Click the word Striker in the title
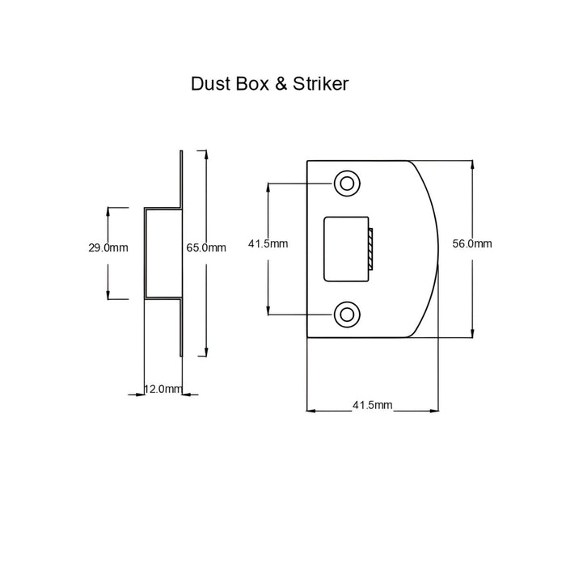point(320,84)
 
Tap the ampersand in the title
point(281,84)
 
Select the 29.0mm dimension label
point(108,247)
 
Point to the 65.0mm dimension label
point(206,247)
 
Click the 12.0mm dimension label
point(163,389)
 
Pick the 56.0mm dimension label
point(472,243)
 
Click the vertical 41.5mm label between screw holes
point(268,243)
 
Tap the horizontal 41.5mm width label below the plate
point(372,405)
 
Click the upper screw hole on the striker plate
point(347,184)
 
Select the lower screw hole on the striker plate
point(347,315)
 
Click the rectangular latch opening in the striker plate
point(346,249)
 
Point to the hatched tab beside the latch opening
point(370,249)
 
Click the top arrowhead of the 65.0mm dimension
point(206,154)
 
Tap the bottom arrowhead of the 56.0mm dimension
point(472,333)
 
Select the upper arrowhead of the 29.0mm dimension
point(108,212)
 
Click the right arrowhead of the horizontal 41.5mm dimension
point(434,411)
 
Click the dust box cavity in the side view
point(163,253)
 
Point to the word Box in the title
point(252,84)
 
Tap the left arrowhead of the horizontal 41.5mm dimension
point(311,411)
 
